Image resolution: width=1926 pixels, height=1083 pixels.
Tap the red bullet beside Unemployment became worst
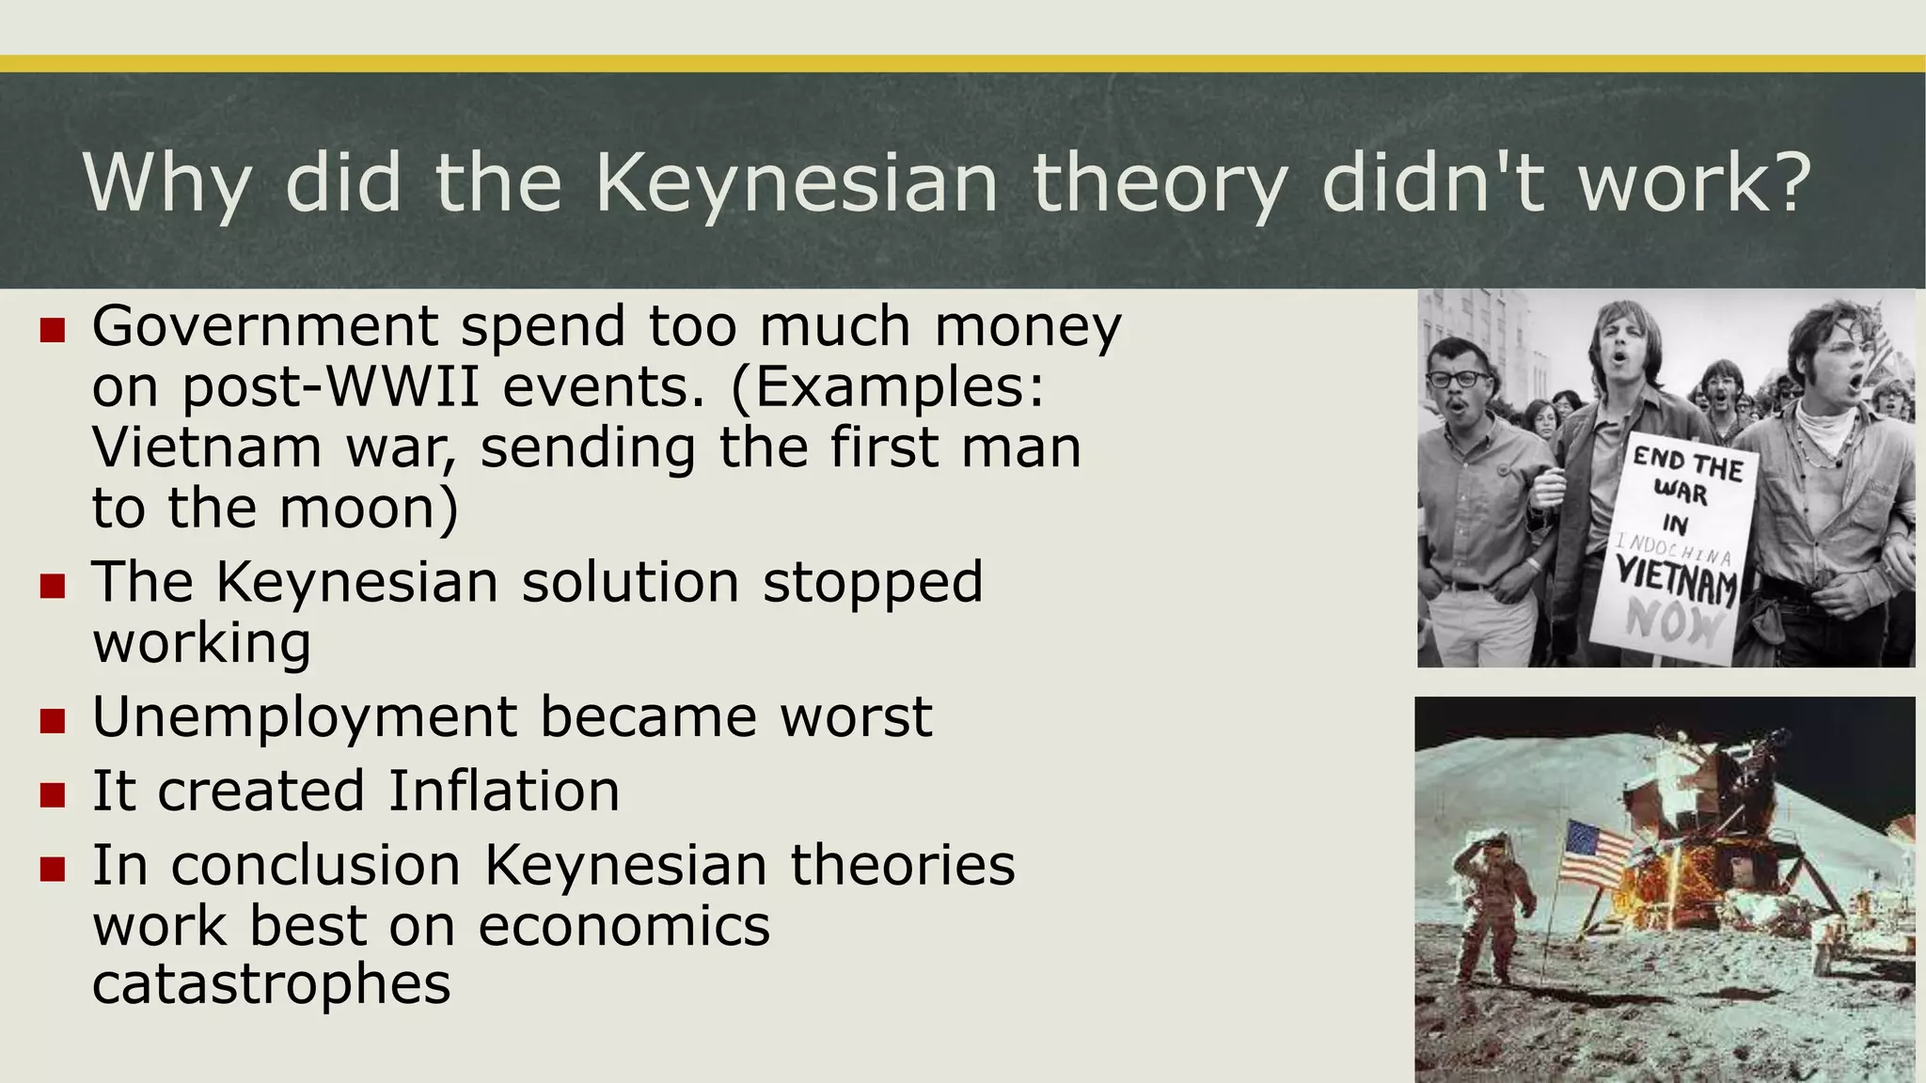coord(53,720)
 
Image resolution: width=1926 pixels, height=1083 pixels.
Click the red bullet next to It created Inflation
coord(53,794)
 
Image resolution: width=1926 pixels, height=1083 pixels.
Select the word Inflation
coord(504,791)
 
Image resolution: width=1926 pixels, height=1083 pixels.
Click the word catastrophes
coord(271,984)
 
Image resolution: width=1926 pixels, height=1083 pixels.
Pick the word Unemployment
coord(304,717)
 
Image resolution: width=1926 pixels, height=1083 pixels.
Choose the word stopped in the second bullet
coord(873,582)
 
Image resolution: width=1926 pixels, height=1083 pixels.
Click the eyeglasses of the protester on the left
coord(1459,380)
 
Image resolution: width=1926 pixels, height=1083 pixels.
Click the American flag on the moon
coord(1598,854)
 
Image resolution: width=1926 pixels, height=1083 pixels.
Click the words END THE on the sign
coord(1687,463)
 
